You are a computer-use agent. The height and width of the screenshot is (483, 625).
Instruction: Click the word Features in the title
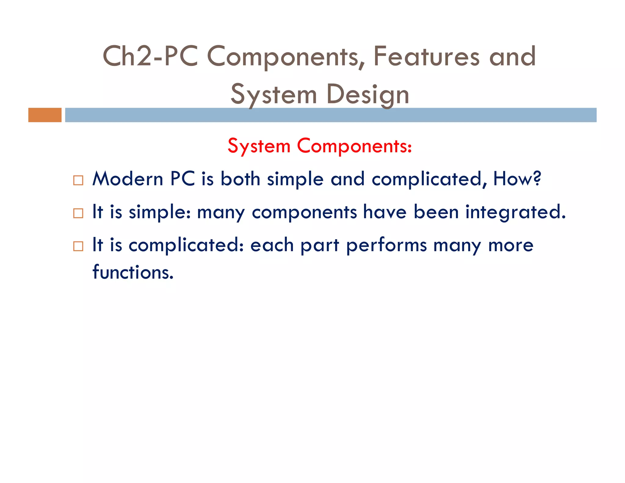click(x=426, y=56)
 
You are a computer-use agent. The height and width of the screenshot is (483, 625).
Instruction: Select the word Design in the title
click(x=368, y=95)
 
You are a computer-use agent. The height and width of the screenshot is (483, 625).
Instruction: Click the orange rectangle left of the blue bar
click(x=45, y=115)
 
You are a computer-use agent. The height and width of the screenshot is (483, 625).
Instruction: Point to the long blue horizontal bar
click(x=331, y=115)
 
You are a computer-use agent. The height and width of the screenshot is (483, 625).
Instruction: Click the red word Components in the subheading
click(x=354, y=146)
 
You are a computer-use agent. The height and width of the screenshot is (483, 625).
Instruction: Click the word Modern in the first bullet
click(x=128, y=179)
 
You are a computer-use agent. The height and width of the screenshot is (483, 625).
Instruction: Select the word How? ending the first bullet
click(x=517, y=179)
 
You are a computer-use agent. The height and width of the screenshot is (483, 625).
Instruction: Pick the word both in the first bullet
click(x=240, y=179)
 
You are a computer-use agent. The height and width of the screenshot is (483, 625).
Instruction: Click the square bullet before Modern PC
click(x=78, y=180)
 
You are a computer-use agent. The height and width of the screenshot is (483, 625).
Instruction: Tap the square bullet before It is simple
click(x=78, y=213)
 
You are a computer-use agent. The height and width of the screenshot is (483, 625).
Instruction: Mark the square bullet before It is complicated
click(x=78, y=246)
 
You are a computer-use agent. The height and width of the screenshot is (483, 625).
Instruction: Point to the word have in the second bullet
click(x=385, y=212)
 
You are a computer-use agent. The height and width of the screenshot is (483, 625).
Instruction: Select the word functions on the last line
click(x=133, y=272)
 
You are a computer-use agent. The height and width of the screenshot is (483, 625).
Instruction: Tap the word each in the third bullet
click(x=272, y=245)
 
